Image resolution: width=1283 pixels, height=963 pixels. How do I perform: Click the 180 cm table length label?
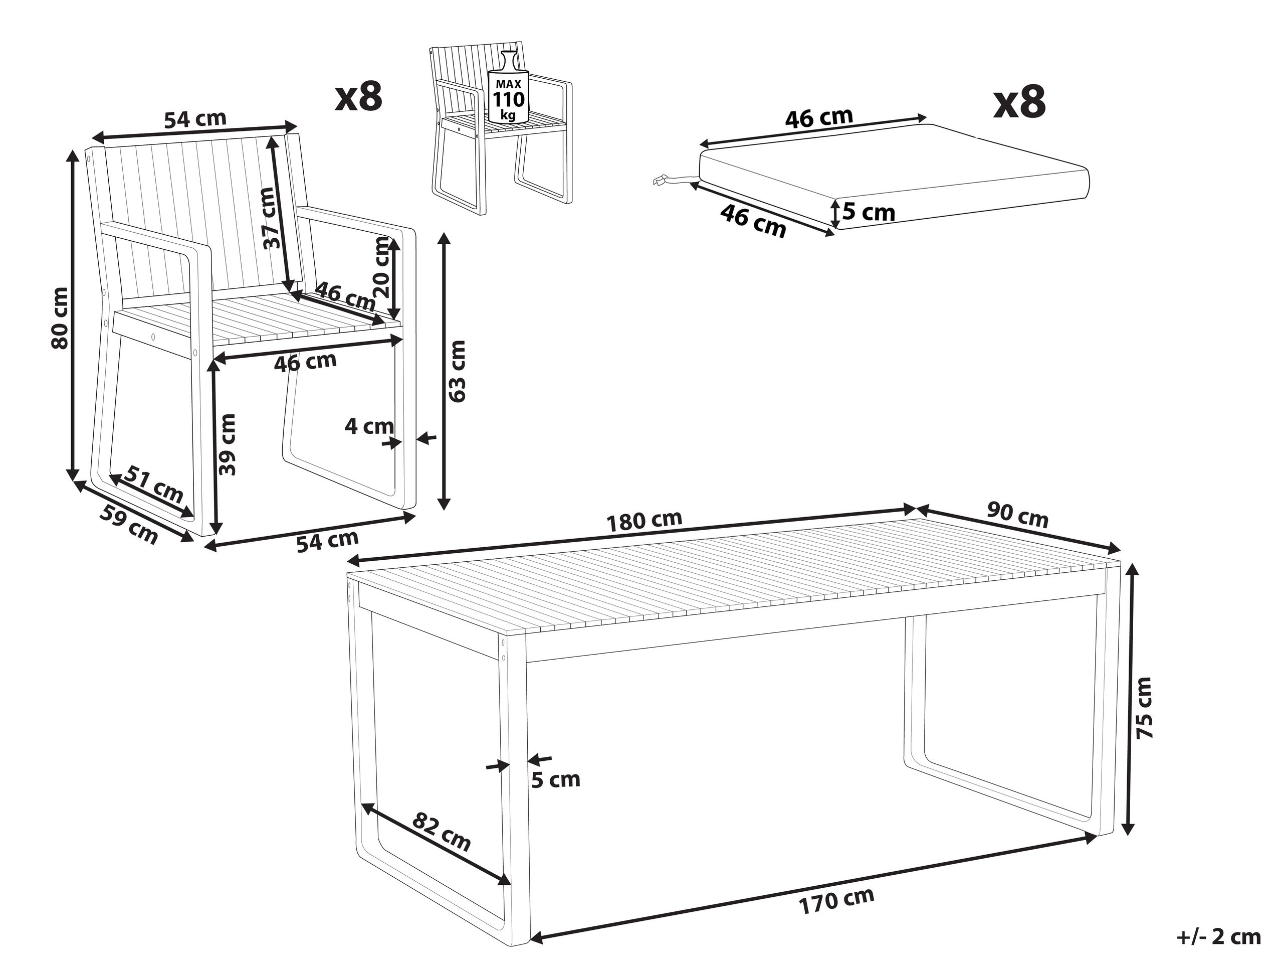pyautogui.click(x=644, y=521)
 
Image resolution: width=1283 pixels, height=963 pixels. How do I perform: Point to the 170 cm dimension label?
pyautogui.click(x=836, y=901)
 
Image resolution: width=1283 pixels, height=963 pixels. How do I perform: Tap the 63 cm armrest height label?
pyautogui.click(x=458, y=371)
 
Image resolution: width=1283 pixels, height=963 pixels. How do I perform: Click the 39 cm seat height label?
pyautogui.click(x=229, y=445)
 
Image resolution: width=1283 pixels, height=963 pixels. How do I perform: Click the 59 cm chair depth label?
pyautogui.click(x=129, y=525)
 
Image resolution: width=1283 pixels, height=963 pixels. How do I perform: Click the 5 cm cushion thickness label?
pyautogui.click(x=869, y=213)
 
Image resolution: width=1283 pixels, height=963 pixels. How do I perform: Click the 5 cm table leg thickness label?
pyautogui.click(x=556, y=780)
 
